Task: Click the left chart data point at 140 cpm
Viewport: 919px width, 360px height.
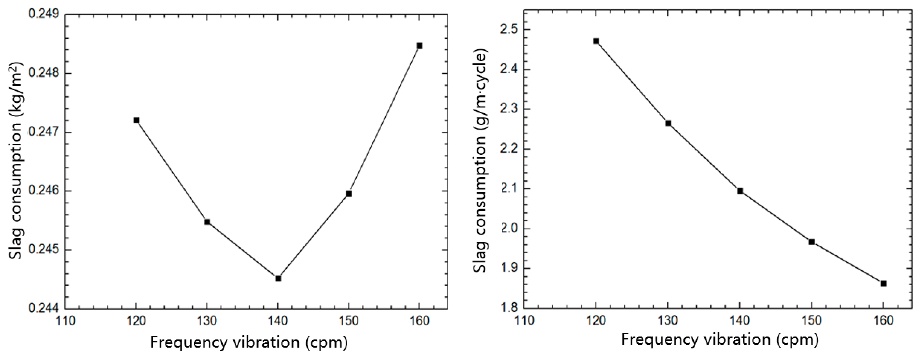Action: (x=278, y=278)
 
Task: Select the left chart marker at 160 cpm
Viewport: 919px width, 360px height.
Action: (x=420, y=46)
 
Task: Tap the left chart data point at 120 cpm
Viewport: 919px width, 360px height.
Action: (x=136, y=120)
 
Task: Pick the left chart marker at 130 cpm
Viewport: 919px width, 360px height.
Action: (x=207, y=222)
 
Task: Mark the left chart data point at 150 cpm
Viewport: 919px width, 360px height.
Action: (x=349, y=193)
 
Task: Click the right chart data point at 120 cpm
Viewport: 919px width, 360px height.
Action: (x=596, y=41)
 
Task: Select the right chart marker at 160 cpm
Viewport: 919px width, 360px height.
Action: (x=883, y=283)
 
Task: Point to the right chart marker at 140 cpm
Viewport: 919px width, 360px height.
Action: (x=740, y=191)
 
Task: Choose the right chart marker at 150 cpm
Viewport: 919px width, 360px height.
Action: (x=812, y=242)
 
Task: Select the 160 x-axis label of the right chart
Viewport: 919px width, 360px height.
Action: (x=883, y=320)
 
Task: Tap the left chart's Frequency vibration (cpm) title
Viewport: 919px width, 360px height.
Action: (x=249, y=342)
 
